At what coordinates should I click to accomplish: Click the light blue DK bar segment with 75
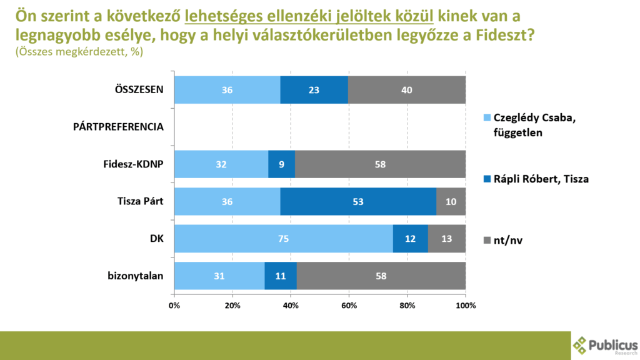pyautogui.click(x=283, y=239)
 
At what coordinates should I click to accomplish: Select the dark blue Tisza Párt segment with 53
pyautogui.click(x=358, y=202)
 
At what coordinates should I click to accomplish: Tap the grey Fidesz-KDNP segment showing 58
pyautogui.click(x=380, y=164)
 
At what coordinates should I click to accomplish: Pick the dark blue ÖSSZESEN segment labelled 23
pyautogui.click(x=314, y=90)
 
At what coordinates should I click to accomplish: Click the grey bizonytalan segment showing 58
pyautogui.click(x=381, y=276)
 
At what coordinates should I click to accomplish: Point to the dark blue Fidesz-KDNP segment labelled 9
pyautogui.click(x=281, y=164)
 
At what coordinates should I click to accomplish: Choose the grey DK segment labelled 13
pyautogui.click(x=447, y=239)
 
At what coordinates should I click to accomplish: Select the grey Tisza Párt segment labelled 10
pyautogui.click(x=451, y=202)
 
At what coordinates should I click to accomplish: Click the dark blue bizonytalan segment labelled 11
pyautogui.click(x=281, y=276)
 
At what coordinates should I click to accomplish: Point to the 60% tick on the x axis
pyautogui.click(x=349, y=306)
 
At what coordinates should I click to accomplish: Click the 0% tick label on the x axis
pyautogui.click(x=174, y=306)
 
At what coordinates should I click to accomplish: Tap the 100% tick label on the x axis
pyautogui.click(x=466, y=306)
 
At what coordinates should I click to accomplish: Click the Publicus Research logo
pyautogui.click(x=604, y=345)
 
